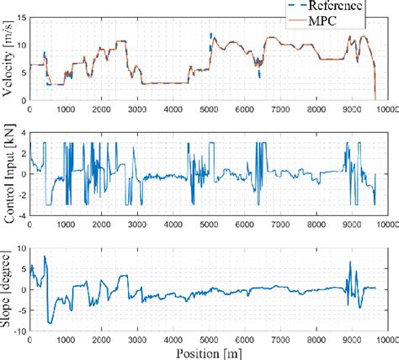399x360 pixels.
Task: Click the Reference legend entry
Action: point(334,6)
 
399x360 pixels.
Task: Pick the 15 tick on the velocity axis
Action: point(21,16)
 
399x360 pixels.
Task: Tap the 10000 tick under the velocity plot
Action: point(386,108)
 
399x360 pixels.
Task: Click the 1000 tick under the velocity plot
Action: point(66,108)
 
